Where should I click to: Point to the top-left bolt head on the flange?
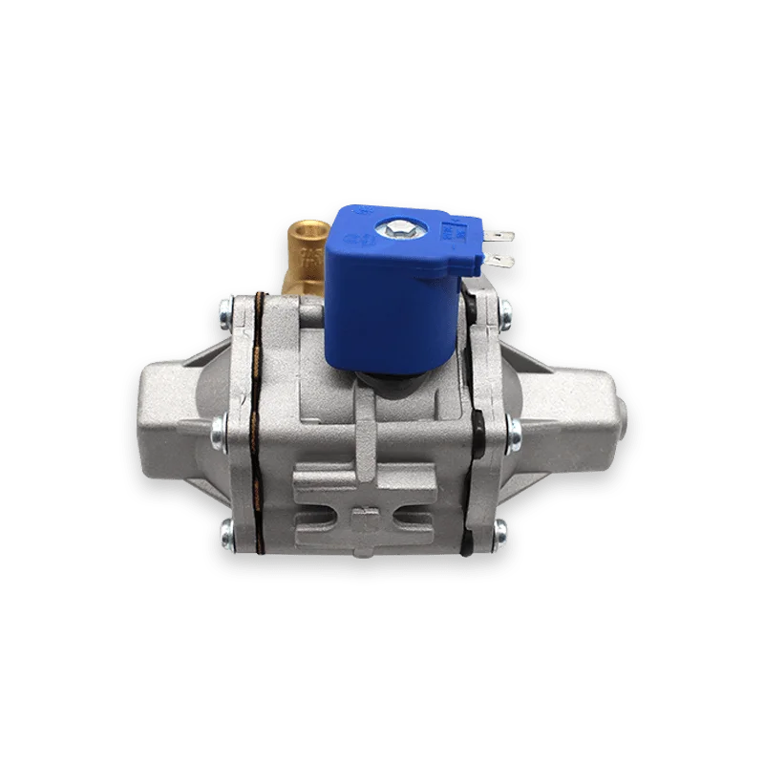click(x=223, y=308)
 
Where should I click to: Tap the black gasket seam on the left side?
click(x=254, y=420)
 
